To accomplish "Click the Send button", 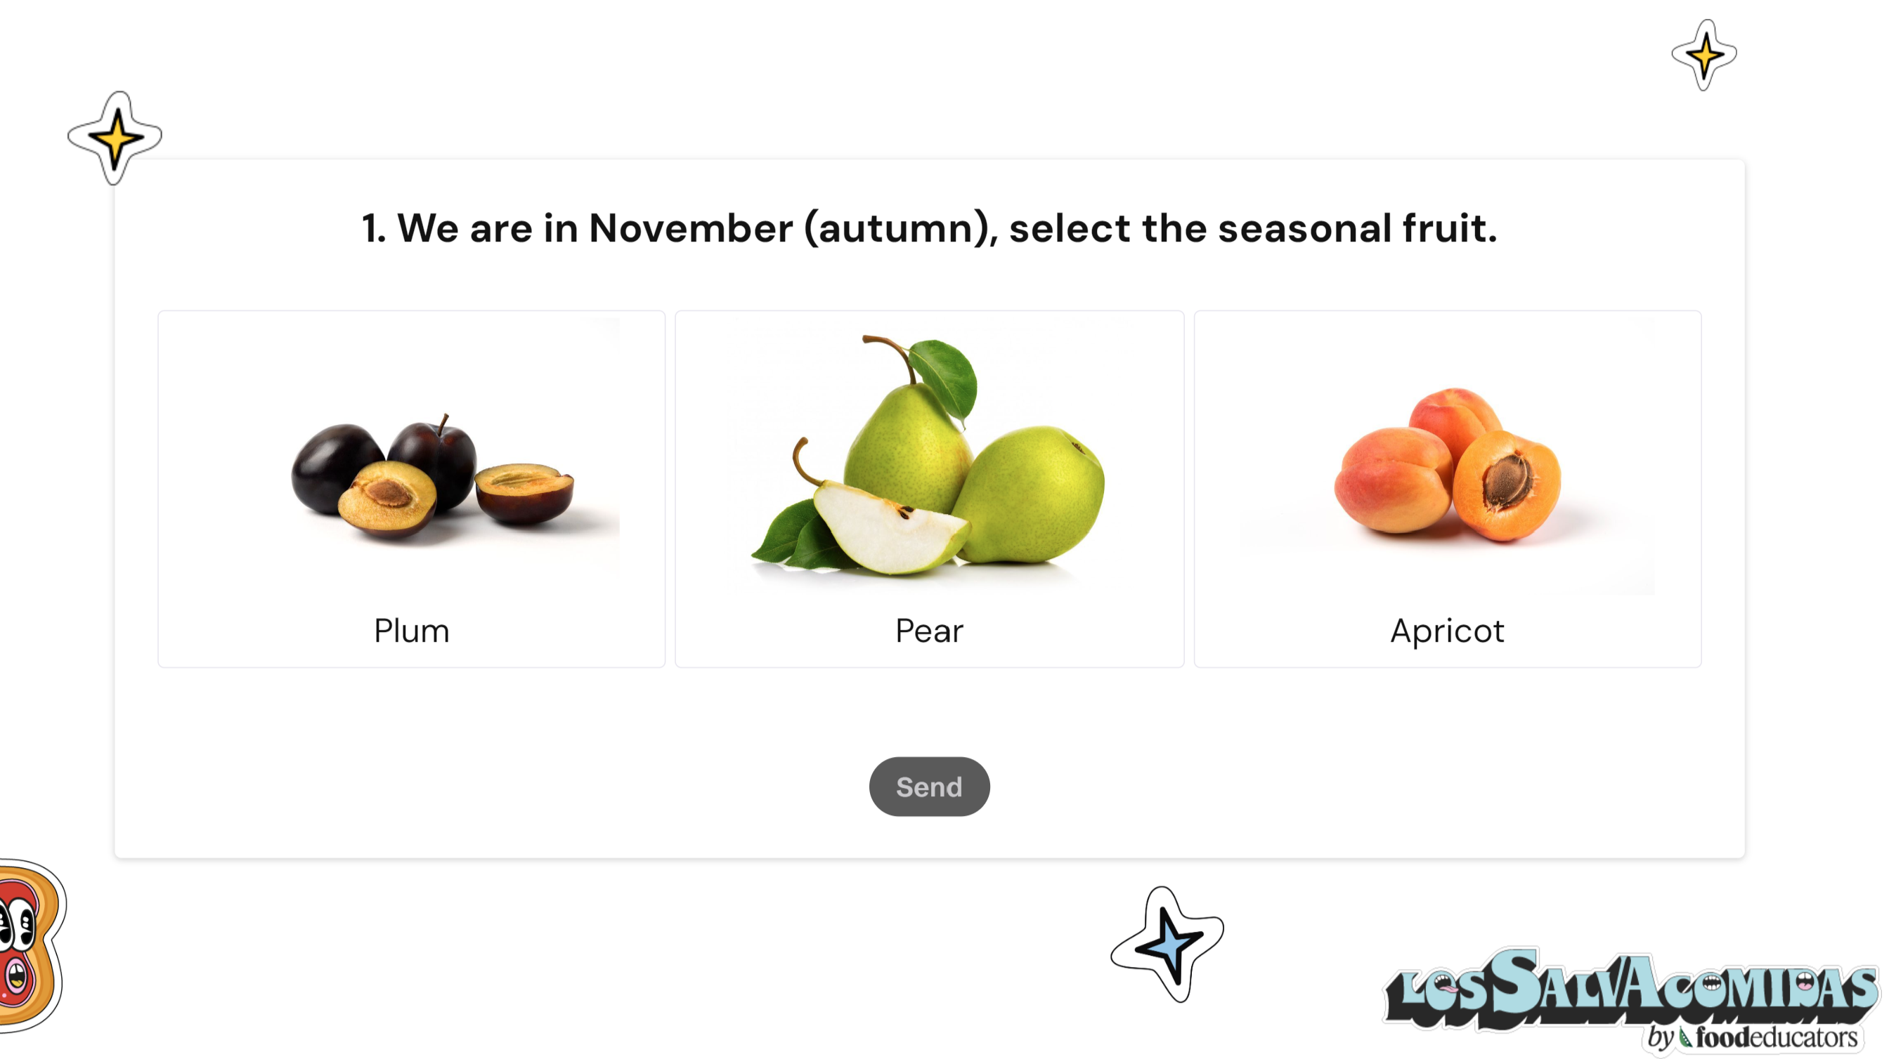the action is [x=929, y=787].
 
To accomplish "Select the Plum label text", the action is [x=411, y=630].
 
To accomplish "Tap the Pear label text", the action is [x=929, y=630].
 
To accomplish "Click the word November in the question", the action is [x=690, y=228].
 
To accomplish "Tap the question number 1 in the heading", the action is [x=372, y=228].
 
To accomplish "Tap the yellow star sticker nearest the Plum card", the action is [x=115, y=138].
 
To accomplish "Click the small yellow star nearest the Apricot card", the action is [x=1704, y=55].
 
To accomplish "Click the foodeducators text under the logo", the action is [x=1776, y=1037].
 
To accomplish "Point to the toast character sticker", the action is [x=30, y=945].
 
